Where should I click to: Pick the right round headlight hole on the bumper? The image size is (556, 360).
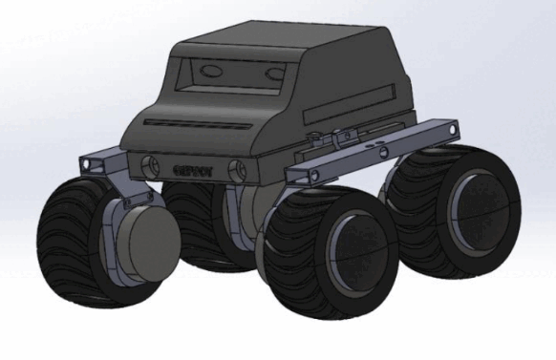[237, 172]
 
